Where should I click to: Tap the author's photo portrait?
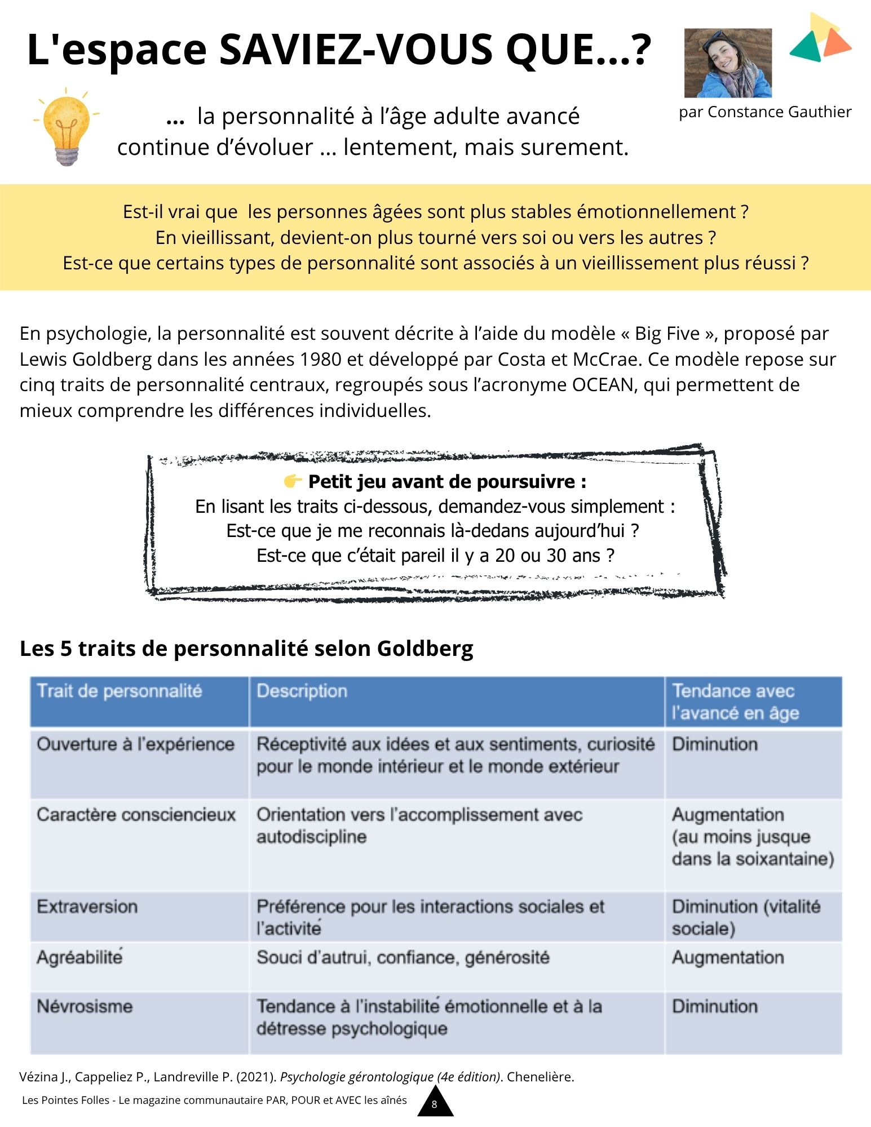[x=728, y=63]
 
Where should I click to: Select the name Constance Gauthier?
[x=779, y=112]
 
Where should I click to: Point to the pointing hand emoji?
[x=293, y=481]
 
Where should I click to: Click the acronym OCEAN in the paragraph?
[x=603, y=385]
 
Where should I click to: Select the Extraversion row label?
[x=87, y=907]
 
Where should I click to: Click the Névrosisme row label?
[x=85, y=1006]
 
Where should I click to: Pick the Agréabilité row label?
[x=80, y=957]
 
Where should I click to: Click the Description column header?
[x=302, y=691]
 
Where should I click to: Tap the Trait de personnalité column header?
[x=120, y=691]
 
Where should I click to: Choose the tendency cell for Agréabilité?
[x=728, y=957]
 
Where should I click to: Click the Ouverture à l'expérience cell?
[x=136, y=744]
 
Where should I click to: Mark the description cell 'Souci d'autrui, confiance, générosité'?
[x=403, y=957]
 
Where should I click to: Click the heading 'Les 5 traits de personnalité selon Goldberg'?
[x=246, y=649]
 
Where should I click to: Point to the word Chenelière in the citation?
[x=540, y=1077]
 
